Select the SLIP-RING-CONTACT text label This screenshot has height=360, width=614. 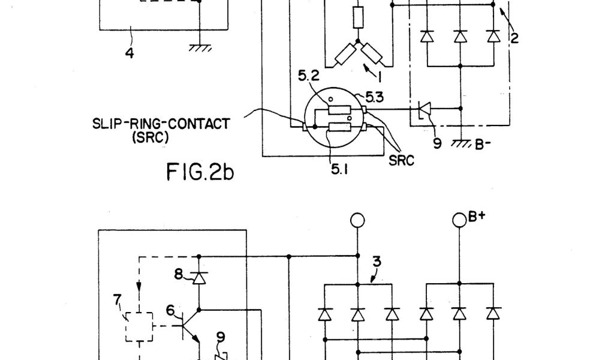[x=161, y=124]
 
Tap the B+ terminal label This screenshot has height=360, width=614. [x=476, y=217]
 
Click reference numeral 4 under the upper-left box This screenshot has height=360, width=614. [x=129, y=53]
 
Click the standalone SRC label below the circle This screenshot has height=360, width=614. [x=401, y=161]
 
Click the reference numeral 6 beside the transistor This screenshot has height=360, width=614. [x=170, y=310]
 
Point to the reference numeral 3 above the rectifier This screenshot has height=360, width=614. [x=377, y=262]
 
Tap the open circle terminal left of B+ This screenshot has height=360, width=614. [x=357, y=220]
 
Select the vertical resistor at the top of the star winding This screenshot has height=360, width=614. [x=358, y=17]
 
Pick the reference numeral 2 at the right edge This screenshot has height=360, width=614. [x=514, y=39]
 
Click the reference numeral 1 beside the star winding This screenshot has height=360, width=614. [x=379, y=76]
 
